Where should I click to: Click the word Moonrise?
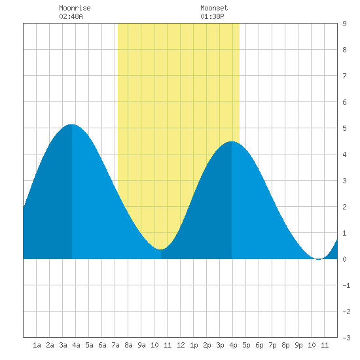[75, 8]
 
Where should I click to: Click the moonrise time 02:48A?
[71, 16]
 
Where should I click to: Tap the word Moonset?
[214, 8]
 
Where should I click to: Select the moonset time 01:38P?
[212, 16]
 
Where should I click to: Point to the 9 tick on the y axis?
[344, 24]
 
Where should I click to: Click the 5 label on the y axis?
[344, 128]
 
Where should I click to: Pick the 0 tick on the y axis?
[344, 259]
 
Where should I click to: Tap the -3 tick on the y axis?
[346, 338]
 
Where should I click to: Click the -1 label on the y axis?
[346, 285]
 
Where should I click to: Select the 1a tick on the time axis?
[37, 345]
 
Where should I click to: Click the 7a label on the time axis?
[115, 345]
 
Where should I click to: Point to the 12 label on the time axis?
[181, 345]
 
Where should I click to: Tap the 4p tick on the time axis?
[233, 345]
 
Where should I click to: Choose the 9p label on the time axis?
[298, 345]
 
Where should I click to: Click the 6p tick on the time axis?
[259, 345]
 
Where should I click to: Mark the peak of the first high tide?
[72, 124]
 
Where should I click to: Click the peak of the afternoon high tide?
[232, 141]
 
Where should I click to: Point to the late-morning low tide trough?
[160, 249]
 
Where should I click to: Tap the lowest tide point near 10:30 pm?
[319, 259]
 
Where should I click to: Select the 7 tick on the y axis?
[344, 76]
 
